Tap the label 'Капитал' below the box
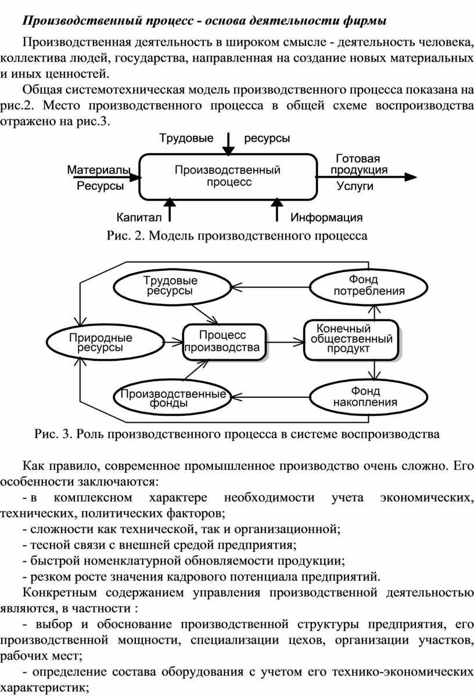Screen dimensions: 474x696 [139, 217]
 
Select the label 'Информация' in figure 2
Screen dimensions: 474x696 [326, 217]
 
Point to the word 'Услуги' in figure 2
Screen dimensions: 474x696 [355, 186]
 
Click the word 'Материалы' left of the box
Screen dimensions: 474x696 [99, 170]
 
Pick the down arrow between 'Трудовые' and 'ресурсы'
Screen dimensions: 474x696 [228, 144]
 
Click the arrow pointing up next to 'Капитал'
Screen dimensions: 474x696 [170, 210]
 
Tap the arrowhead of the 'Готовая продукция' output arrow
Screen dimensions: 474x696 [411, 177]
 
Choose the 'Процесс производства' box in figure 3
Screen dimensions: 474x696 [224, 342]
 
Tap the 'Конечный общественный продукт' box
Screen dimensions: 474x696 [351, 340]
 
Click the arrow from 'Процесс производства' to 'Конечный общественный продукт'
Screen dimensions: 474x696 [285, 342]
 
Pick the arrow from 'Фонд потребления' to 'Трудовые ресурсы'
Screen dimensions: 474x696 [271, 287]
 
